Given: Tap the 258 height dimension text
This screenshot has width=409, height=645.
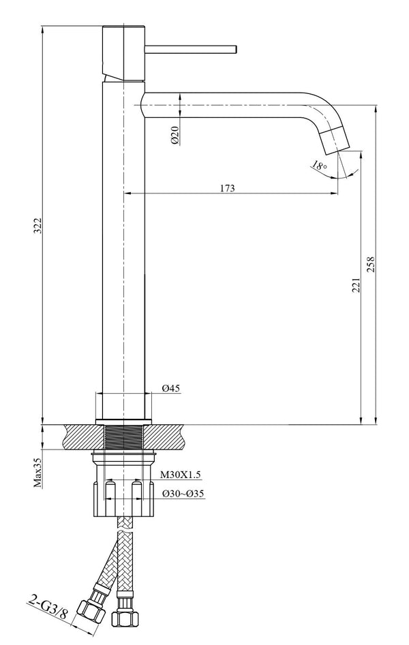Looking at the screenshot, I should (371, 264).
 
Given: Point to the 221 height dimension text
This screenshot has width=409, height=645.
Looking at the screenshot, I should (355, 285).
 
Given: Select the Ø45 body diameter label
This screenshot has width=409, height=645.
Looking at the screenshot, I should (170, 389).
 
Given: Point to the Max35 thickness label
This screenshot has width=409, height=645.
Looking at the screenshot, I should (38, 473).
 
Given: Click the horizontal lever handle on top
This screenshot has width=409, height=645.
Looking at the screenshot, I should (191, 49).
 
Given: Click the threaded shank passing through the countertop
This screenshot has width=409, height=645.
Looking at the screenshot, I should (123, 436).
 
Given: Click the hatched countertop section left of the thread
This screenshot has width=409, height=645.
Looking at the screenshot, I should (82, 435).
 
